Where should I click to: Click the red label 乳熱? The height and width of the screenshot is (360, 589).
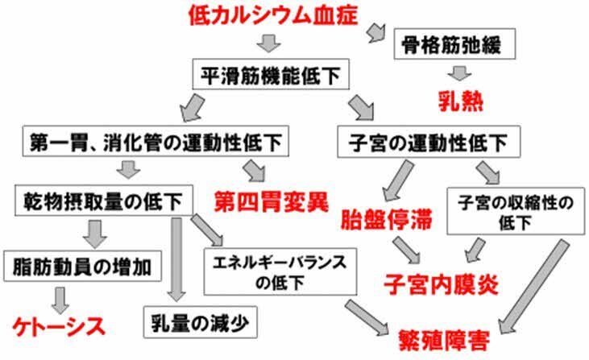(x=458, y=101)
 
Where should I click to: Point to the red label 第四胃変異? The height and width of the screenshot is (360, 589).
(x=271, y=201)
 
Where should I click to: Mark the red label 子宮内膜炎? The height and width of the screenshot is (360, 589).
(x=442, y=283)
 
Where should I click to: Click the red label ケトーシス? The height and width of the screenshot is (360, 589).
(x=58, y=326)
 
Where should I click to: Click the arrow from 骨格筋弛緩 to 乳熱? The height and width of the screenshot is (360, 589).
(x=458, y=73)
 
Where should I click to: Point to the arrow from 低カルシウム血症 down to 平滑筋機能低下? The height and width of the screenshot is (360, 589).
(x=271, y=42)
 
